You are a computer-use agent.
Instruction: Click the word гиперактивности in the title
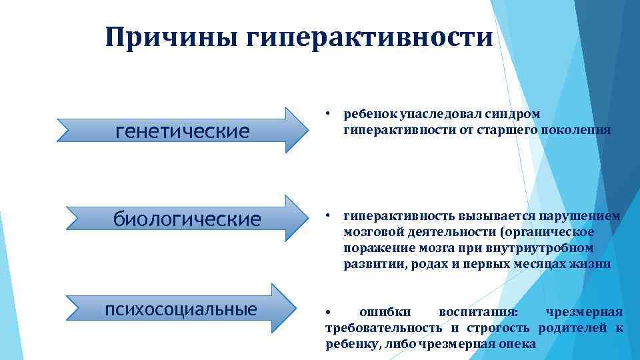click(370, 38)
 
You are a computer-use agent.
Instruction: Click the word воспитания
click(481, 312)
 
